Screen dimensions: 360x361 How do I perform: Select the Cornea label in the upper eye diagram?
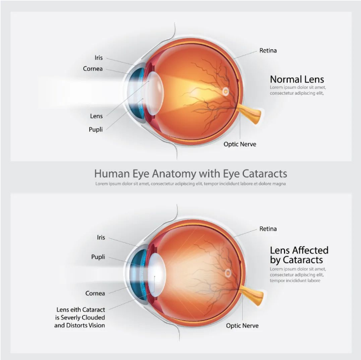(93, 68)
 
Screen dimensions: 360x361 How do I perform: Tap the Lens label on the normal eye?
(96, 116)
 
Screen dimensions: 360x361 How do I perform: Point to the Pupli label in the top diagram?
(96, 129)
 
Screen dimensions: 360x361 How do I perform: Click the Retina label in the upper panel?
(268, 51)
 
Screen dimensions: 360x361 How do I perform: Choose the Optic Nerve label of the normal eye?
(238, 144)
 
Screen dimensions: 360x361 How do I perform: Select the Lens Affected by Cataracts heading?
(299, 255)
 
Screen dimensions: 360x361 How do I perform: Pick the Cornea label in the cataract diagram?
(95, 293)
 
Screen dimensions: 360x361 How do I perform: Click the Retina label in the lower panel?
(268, 229)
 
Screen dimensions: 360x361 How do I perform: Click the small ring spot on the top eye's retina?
(226, 92)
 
